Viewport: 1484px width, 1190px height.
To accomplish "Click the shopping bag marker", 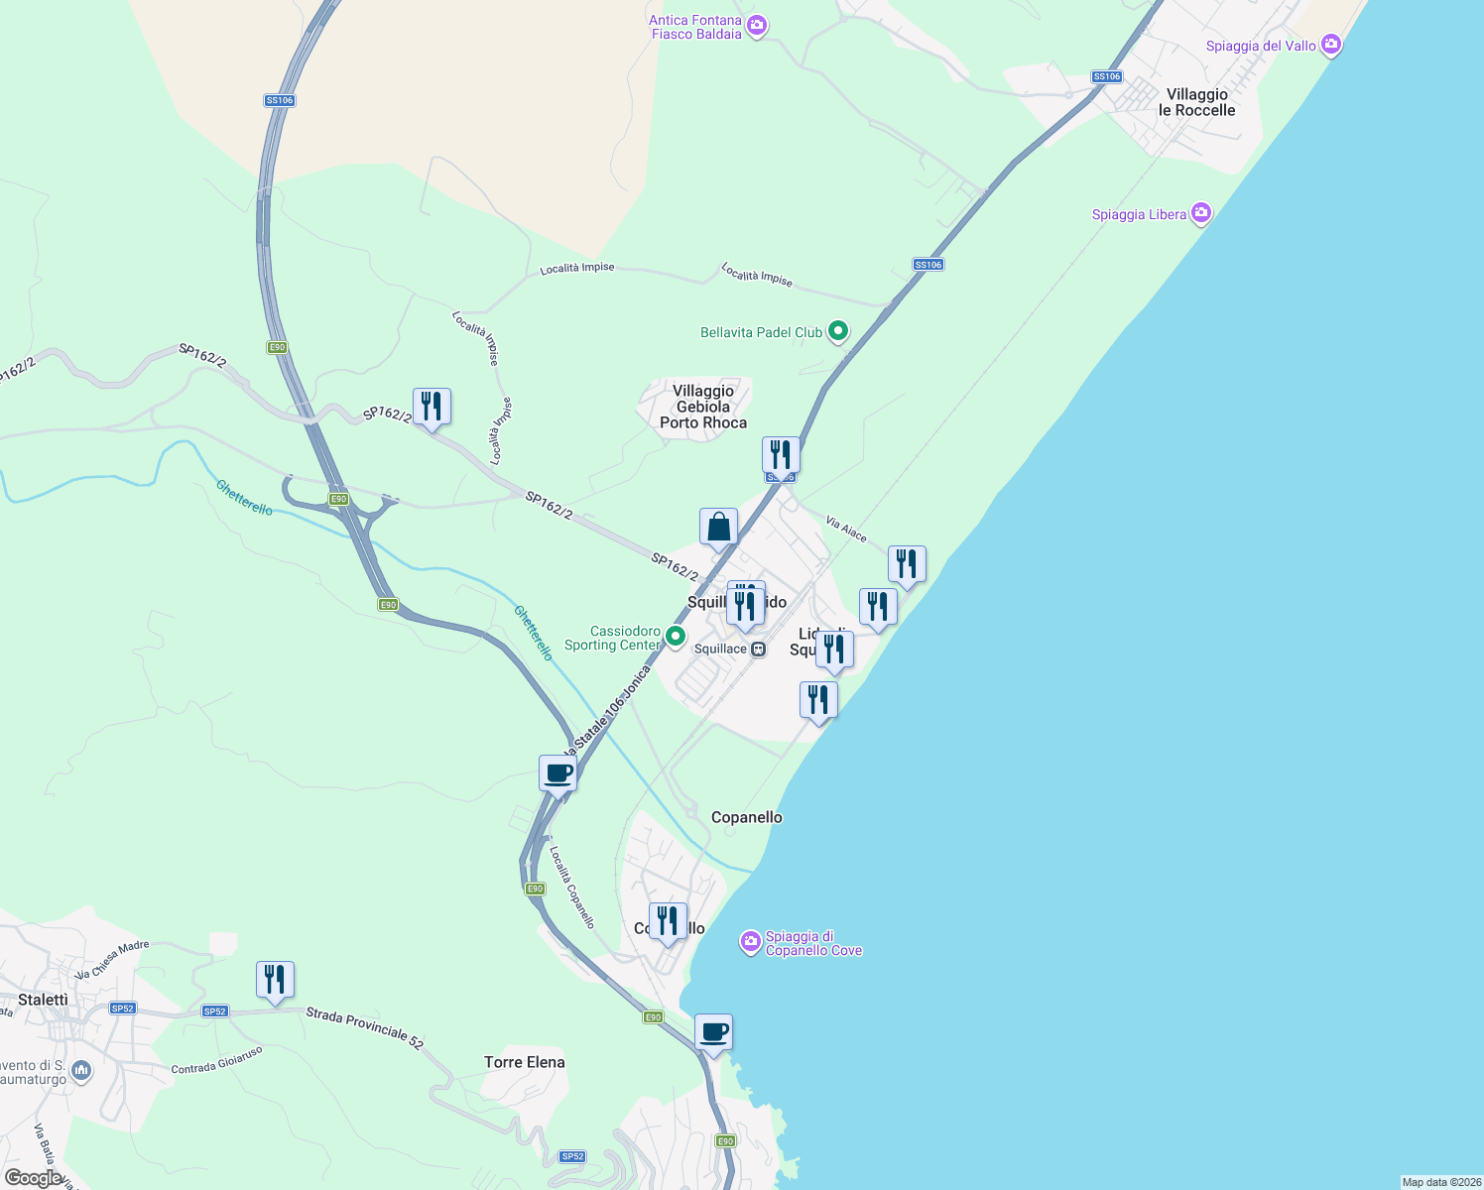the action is tap(718, 528).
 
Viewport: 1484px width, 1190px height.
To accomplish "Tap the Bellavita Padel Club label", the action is tap(761, 332).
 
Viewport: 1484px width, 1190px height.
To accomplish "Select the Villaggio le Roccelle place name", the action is tap(1196, 102).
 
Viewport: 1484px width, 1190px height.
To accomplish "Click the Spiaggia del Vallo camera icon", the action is tap(1331, 45).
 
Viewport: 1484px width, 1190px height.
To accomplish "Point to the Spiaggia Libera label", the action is tap(1139, 214).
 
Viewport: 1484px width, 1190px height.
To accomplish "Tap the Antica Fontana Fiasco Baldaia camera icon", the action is tap(757, 26).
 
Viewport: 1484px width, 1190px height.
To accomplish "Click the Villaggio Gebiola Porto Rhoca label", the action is tap(703, 407).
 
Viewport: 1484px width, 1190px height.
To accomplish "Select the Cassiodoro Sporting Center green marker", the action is tap(676, 637).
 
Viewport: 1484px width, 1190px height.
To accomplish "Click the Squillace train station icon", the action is tap(759, 650).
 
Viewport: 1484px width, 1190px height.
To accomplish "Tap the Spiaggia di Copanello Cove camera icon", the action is tap(751, 941).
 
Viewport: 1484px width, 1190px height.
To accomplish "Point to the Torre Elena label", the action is tap(525, 1062).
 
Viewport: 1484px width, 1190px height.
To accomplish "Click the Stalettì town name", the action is tap(44, 1000).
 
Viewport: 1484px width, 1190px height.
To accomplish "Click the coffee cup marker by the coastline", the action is tap(713, 1032).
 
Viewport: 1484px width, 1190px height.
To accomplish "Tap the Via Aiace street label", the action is tap(846, 530).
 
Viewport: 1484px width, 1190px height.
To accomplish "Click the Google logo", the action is tap(33, 1178).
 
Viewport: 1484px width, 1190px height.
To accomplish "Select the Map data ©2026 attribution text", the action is tap(1441, 1182).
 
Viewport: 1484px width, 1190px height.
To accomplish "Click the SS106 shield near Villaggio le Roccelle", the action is tap(1106, 76).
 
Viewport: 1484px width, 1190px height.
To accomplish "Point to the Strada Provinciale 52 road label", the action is tap(364, 1028).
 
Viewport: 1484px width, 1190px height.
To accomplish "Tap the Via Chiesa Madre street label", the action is tap(112, 959).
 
